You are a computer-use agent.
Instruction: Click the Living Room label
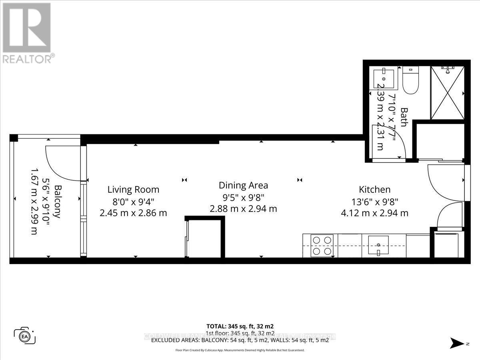point(133,190)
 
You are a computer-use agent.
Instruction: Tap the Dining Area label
point(243,186)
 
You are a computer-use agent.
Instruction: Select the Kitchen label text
point(374,190)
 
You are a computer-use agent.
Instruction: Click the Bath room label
point(403,117)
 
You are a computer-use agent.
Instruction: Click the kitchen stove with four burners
point(322,246)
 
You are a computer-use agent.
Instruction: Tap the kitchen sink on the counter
point(378,244)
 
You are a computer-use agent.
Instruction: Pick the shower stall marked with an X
point(447,92)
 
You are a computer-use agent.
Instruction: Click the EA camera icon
point(25,335)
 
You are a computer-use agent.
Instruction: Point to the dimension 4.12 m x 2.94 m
point(374,213)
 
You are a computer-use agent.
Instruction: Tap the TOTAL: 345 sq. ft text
point(240,326)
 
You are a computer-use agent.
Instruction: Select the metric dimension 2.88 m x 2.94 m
point(243,209)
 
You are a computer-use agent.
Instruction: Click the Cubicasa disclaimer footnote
point(240,350)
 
